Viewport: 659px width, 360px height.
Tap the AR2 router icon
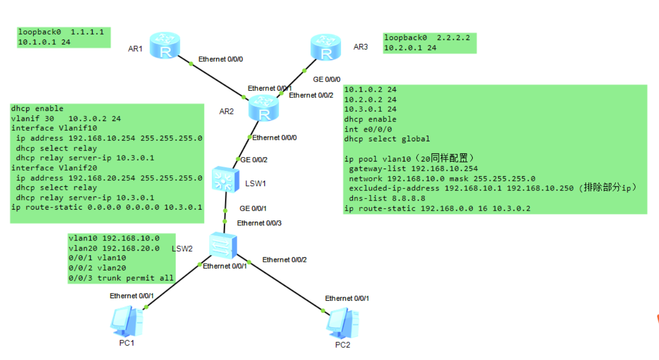point(264,109)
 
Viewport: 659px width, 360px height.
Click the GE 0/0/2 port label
point(254,160)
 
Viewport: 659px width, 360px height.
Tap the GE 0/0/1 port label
point(254,208)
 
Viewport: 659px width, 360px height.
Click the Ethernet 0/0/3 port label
point(257,223)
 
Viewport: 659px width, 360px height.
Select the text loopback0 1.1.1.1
point(61,32)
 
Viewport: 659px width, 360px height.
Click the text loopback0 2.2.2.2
point(427,37)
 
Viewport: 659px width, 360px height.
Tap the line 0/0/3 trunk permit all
point(121,278)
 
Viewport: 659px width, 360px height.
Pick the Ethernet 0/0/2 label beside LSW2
point(284,260)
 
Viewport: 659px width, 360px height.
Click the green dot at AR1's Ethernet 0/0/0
point(191,64)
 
